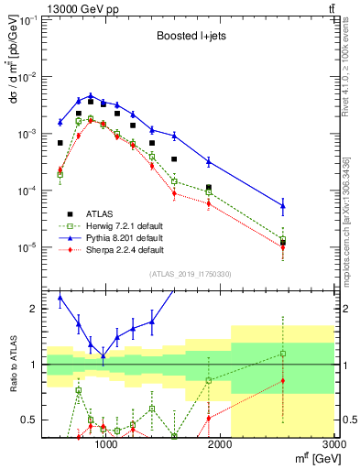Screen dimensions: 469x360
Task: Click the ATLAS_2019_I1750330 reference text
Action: (190, 274)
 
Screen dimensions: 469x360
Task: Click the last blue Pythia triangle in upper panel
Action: (282, 205)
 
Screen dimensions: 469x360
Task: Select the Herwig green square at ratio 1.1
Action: (282, 354)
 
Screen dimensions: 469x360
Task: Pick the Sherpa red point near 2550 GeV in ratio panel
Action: (282, 381)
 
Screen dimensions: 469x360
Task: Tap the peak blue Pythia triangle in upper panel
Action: (91, 95)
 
